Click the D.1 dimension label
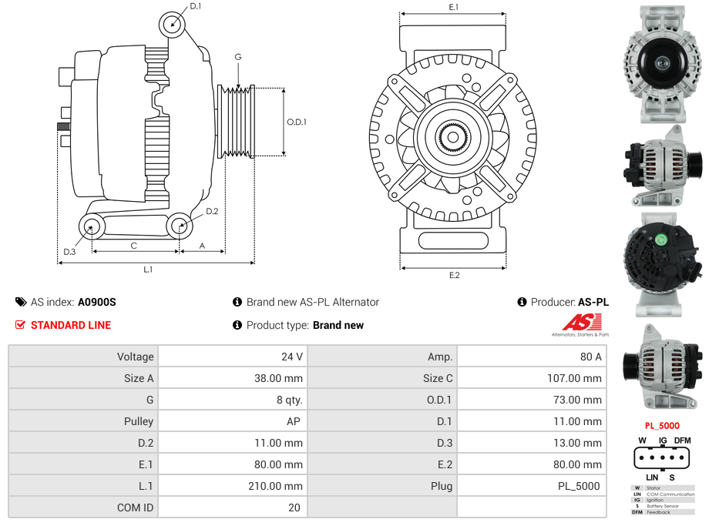click(x=195, y=6)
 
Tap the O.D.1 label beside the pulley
click(x=297, y=122)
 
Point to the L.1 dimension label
click(x=148, y=270)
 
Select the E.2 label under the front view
click(x=453, y=275)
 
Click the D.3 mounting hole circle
click(x=92, y=226)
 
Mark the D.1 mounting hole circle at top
click(x=173, y=25)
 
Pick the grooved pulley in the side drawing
click(x=236, y=122)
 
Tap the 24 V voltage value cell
click(x=292, y=357)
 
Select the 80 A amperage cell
click(x=591, y=357)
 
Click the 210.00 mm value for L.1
click(x=280, y=486)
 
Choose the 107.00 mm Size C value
click(x=577, y=378)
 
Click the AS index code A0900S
click(x=97, y=302)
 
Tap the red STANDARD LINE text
click(x=71, y=325)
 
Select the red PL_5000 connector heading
click(x=661, y=425)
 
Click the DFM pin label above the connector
click(x=682, y=441)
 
